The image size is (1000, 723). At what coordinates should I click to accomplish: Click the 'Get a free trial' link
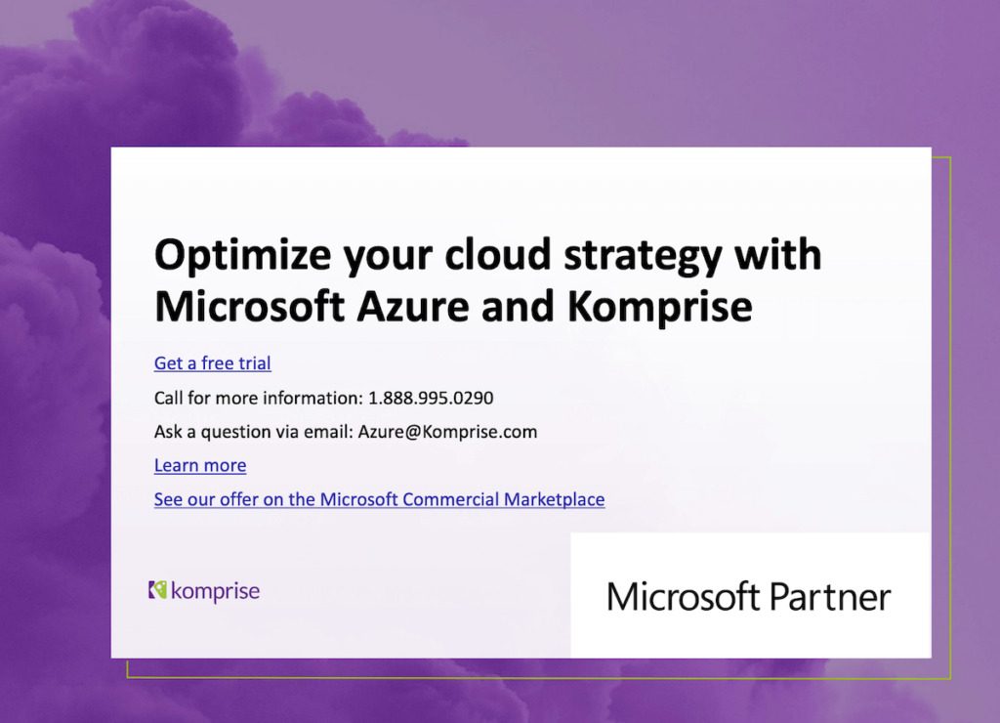(x=212, y=363)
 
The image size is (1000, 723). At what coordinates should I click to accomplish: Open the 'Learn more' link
(x=200, y=465)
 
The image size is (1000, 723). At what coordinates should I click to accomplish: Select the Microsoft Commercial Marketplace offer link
(x=379, y=499)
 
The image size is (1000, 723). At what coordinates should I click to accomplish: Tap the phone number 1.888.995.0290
(x=431, y=398)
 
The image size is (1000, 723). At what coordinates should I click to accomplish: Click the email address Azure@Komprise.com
(x=447, y=432)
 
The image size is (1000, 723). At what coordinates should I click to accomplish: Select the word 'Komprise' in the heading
(x=659, y=307)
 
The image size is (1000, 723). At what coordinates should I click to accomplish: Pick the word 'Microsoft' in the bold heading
(x=249, y=307)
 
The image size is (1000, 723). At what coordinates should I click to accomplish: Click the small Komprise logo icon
(x=157, y=590)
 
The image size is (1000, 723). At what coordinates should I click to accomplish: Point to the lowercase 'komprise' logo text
(x=215, y=591)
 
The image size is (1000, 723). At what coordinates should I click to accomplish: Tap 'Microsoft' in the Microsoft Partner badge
(x=683, y=596)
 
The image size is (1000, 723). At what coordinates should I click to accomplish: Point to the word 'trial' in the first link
(x=252, y=363)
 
